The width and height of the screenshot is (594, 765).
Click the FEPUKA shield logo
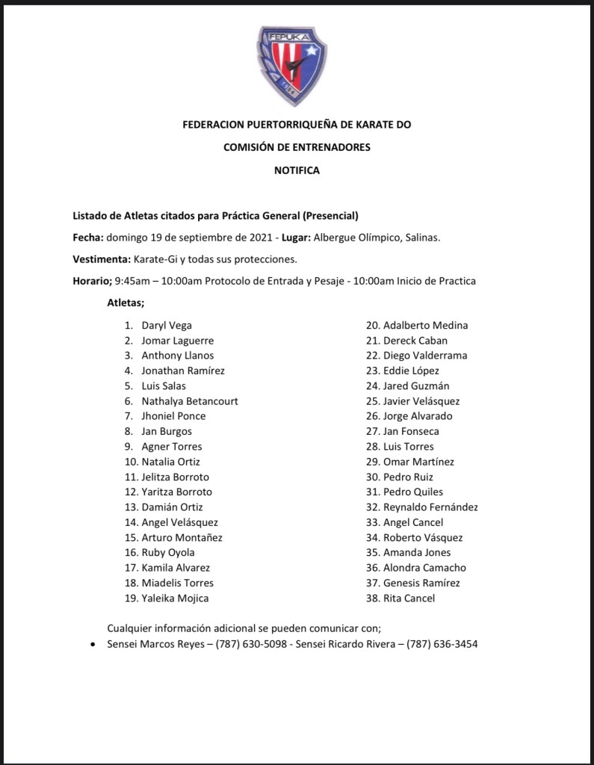click(294, 66)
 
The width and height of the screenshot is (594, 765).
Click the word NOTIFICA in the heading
click(297, 170)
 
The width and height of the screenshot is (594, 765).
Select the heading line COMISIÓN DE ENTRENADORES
click(297, 147)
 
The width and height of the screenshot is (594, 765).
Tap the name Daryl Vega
click(167, 325)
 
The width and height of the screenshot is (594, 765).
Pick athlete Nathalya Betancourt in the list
click(190, 400)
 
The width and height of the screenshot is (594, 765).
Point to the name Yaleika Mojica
click(175, 598)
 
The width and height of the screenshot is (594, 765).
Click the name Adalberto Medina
click(425, 325)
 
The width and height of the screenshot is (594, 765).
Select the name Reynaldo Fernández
click(430, 507)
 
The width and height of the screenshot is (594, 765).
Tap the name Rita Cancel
click(409, 598)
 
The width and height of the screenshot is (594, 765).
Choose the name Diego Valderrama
click(425, 356)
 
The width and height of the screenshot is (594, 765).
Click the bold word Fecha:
click(87, 237)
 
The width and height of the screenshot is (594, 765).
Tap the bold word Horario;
click(91, 281)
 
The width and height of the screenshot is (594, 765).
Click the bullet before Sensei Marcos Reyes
click(91, 644)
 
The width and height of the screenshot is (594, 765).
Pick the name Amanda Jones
click(417, 552)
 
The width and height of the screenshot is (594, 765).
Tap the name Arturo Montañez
click(182, 537)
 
